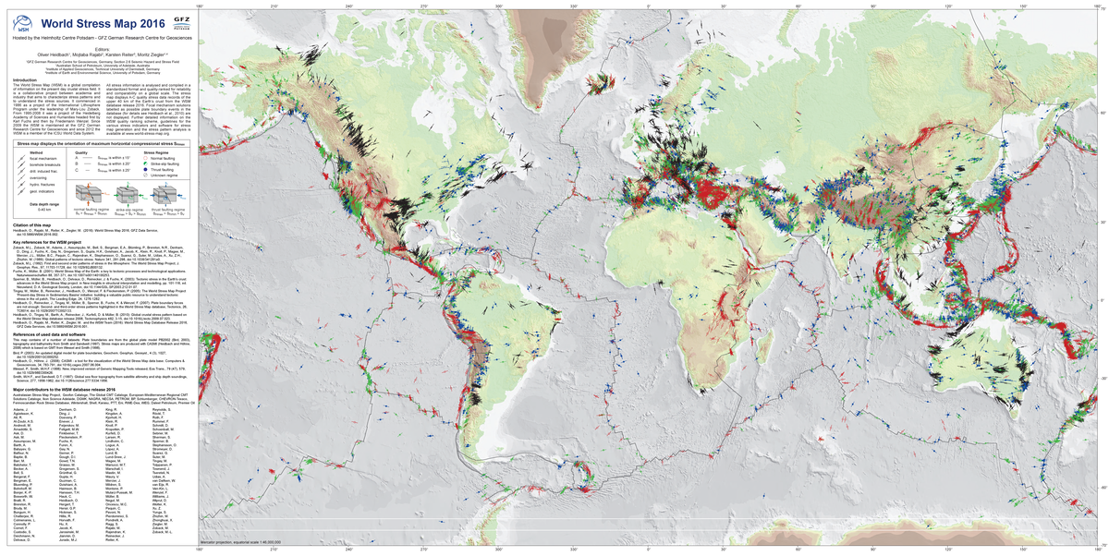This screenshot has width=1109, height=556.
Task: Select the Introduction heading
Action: [x=23, y=79]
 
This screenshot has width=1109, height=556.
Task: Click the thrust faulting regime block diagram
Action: [x=169, y=198]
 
